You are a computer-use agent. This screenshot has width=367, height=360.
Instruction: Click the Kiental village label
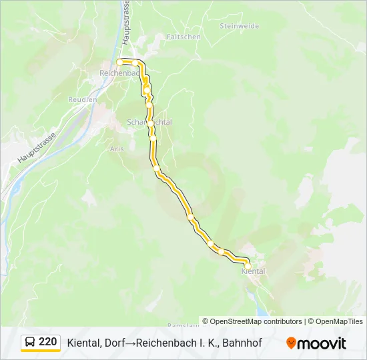pos(253,271)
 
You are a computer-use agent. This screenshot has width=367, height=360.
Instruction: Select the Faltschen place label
pos(183,37)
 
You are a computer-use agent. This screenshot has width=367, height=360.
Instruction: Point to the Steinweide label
pos(238,25)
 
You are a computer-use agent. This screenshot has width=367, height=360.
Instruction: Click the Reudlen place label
pos(83,99)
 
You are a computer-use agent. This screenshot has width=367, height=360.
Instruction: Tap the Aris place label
pos(117,149)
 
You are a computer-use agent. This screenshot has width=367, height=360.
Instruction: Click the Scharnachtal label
pos(149,122)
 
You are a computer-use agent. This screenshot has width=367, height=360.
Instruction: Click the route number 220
pos(48,342)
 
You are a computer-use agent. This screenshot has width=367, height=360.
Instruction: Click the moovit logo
pos(316,343)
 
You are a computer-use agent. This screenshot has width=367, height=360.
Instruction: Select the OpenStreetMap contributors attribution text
pos(256,321)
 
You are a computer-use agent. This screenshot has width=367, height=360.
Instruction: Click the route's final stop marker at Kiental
pos(248,265)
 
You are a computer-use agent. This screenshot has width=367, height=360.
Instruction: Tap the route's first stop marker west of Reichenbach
pos(120,62)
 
